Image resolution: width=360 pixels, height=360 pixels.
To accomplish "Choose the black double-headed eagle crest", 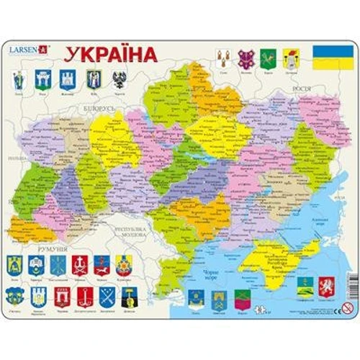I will click(x=118, y=80).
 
